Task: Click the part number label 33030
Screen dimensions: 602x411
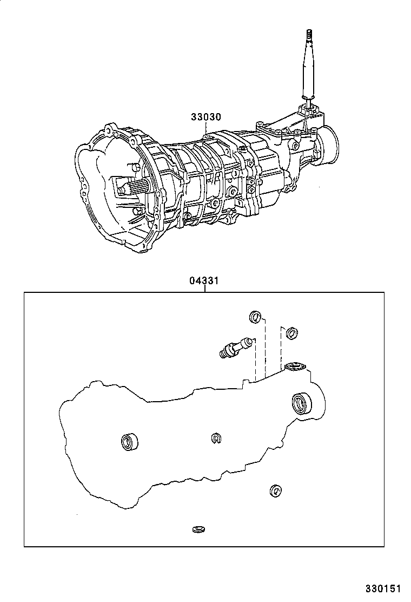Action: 205,116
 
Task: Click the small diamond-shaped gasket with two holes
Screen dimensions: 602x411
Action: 295,368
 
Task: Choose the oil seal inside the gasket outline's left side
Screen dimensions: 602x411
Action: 129,441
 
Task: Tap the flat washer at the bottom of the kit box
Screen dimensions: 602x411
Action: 198,528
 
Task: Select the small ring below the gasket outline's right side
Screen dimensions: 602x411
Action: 275,490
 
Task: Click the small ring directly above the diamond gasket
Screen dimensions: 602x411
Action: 290,332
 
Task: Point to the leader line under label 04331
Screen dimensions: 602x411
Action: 204,289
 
